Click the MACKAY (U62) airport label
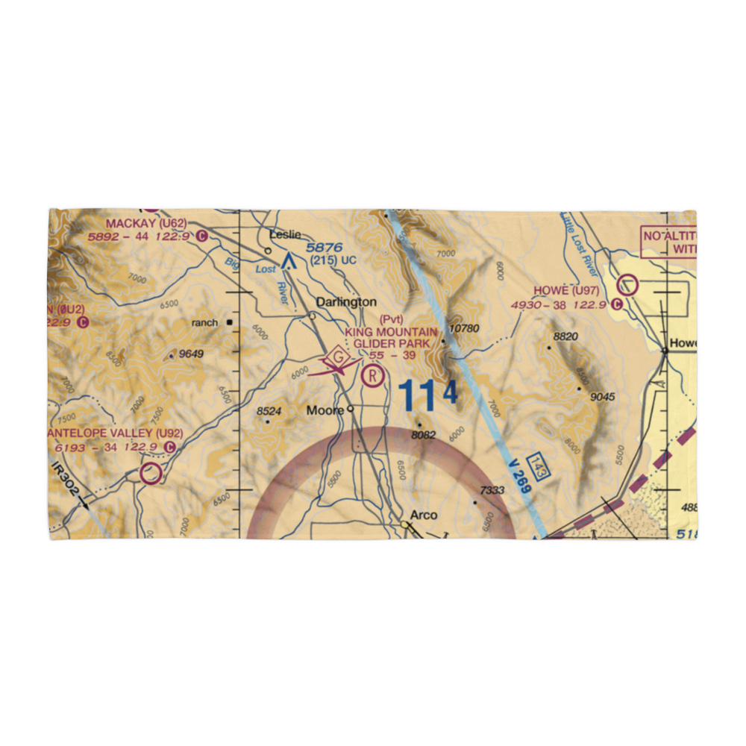click(145, 223)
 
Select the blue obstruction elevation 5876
click(323, 247)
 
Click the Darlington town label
click(345, 302)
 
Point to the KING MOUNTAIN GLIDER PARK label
click(391, 337)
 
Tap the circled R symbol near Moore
click(372, 376)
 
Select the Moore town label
click(325, 410)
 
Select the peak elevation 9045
click(601, 397)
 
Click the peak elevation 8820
click(565, 337)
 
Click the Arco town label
click(424, 515)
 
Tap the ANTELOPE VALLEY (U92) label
click(114, 433)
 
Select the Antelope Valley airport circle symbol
click(151, 474)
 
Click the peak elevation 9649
click(189, 354)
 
